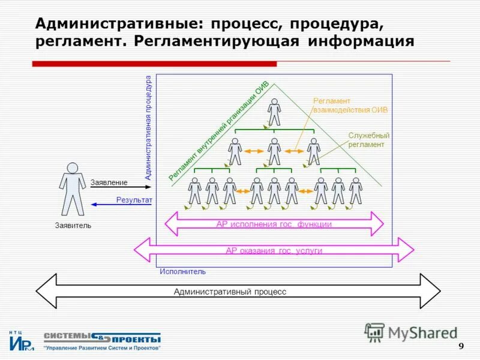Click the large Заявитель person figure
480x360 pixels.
click(73, 188)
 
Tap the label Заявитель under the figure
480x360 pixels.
click(73, 226)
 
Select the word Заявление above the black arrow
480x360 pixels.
click(109, 182)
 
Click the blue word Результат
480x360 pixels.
click(134, 200)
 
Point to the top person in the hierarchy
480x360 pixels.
click(274, 112)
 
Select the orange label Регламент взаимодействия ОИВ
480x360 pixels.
click(350, 106)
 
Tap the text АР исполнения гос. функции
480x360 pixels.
click(274, 224)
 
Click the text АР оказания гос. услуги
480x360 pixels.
click(274, 251)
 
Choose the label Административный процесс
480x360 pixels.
click(230, 292)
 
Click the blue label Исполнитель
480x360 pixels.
click(182, 271)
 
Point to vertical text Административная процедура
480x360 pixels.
click(149, 127)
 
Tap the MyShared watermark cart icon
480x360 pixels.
click(374, 332)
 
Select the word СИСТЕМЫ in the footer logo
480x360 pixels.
click(67, 337)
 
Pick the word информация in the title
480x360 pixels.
click(361, 41)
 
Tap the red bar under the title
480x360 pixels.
click(154, 64)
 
